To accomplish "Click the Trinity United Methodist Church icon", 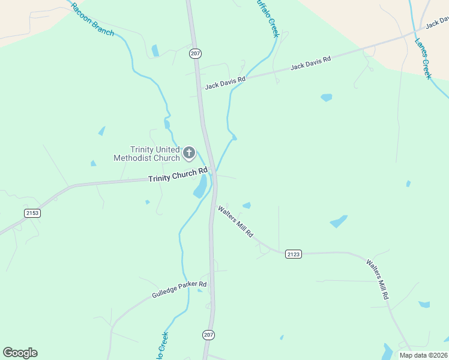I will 188,152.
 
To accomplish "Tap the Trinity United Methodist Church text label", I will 146,154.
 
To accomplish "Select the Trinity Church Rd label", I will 173,175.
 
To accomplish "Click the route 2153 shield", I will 32,213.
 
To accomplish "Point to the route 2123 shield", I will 293,254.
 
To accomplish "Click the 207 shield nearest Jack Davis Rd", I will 194,53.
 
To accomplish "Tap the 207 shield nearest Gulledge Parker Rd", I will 208,334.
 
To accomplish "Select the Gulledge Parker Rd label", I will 179,291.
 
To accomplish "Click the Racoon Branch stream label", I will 92,19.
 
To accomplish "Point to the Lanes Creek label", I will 423,59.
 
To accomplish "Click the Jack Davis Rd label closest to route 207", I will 225,82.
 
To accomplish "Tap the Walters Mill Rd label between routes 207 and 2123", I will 236,221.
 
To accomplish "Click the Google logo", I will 20,353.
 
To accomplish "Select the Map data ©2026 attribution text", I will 423,355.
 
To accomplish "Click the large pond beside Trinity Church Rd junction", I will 200,187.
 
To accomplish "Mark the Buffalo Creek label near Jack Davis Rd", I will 267,18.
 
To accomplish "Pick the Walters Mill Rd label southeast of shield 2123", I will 378,279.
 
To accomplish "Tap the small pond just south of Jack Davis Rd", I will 326,97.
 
